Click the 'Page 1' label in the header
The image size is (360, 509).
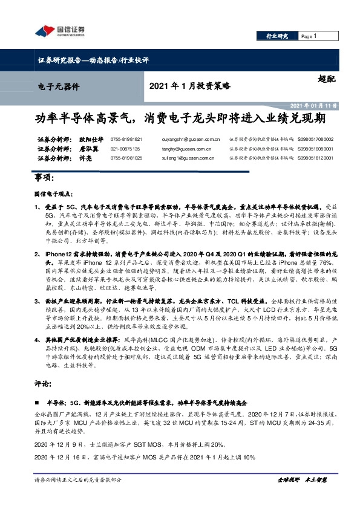click(x=309, y=36)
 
